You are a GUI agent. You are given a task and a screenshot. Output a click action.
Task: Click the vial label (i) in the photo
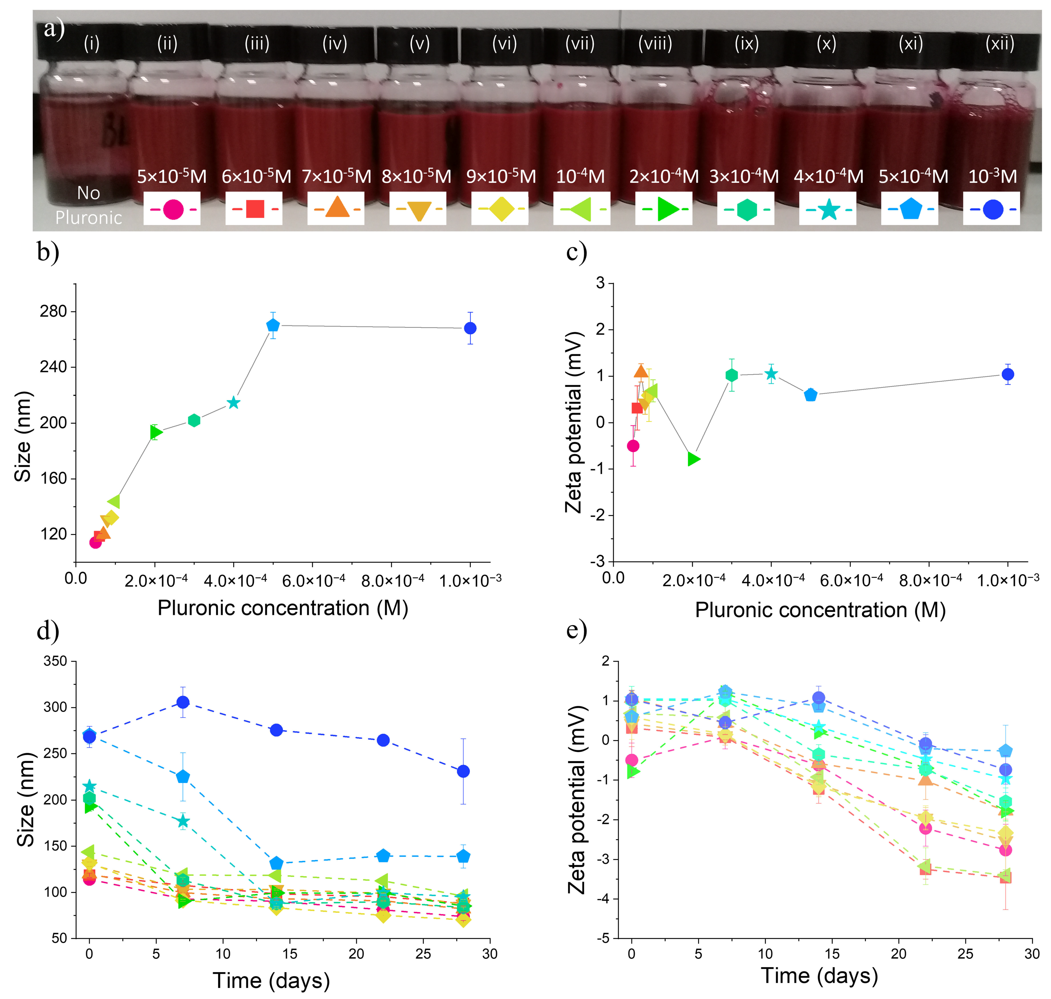[92, 43]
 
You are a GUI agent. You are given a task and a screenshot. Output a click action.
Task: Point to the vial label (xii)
[999, 43]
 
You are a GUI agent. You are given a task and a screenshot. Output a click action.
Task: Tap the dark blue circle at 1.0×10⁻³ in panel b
[470, 328]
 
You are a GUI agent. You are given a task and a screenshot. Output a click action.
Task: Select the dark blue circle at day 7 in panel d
[183, 702]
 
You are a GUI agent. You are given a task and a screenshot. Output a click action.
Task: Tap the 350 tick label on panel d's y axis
[55, 661]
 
